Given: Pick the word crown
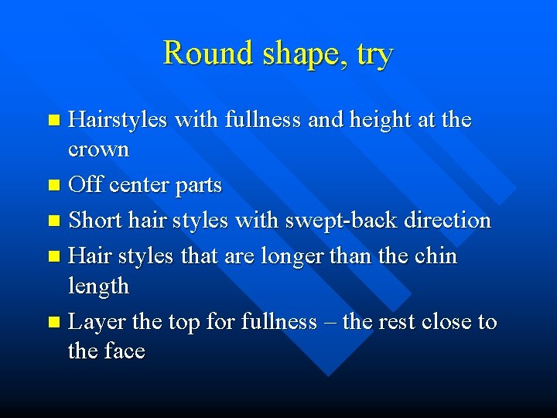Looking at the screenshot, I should pyautogui.click(x=98, y=149).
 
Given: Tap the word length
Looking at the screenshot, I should pyautogui.click(x=98, y=286).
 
